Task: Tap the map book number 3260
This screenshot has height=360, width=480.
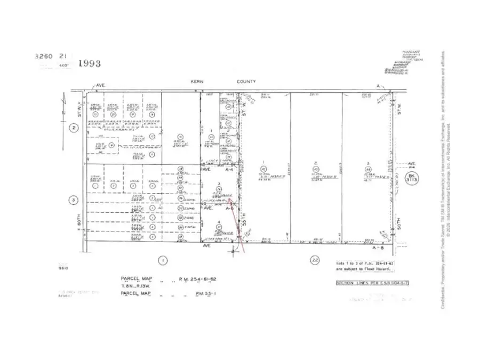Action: (43, 55)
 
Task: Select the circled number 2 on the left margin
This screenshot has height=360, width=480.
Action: (75, 127)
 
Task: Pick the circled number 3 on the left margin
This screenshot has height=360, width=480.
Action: (75, 201)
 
